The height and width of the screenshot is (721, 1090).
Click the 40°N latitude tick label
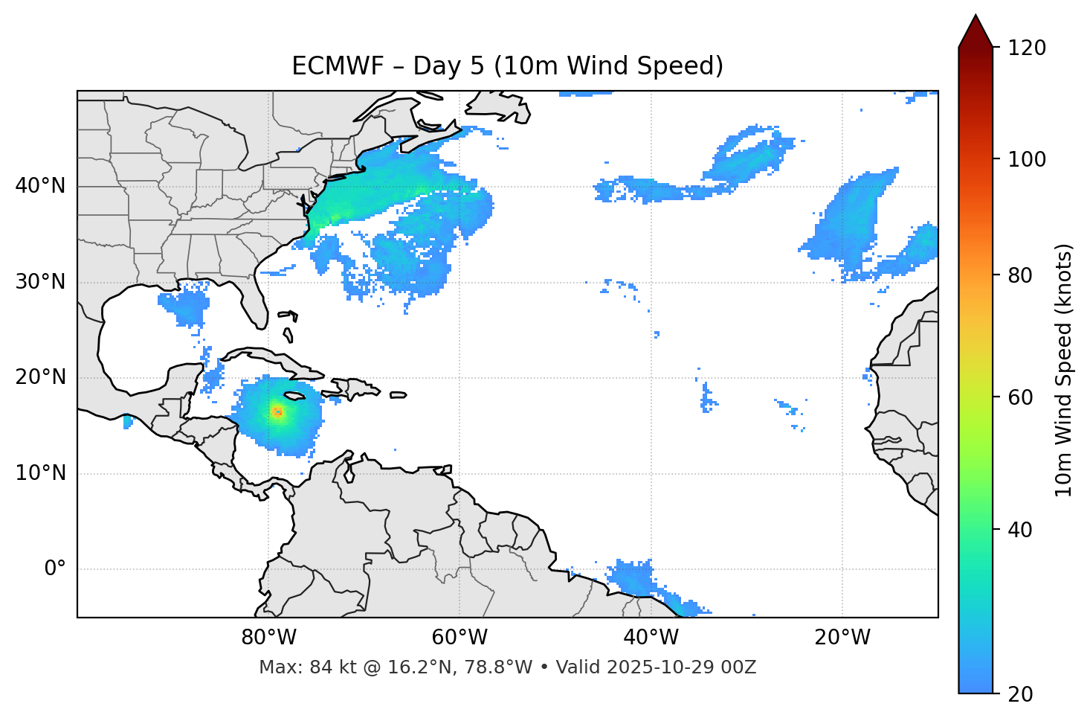(x=40, y=186)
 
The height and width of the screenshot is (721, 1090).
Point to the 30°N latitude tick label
(x=40, y=282)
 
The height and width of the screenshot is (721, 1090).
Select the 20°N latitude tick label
(x=40, y=378)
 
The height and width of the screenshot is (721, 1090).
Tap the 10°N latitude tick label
(x=40, y=473)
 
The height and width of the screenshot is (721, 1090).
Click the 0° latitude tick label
(x=55, y=569)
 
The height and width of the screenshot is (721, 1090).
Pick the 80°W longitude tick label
(x=268, y=638)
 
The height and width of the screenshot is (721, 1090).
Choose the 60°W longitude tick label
(x=459, y=638)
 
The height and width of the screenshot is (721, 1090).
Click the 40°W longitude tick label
(x=651, y=638)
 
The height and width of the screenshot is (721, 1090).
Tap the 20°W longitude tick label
(x=842, y=638)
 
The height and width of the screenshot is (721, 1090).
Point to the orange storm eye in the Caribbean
(x=277, y=411)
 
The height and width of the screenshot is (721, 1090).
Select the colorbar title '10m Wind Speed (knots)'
(x=1064, y=370)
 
